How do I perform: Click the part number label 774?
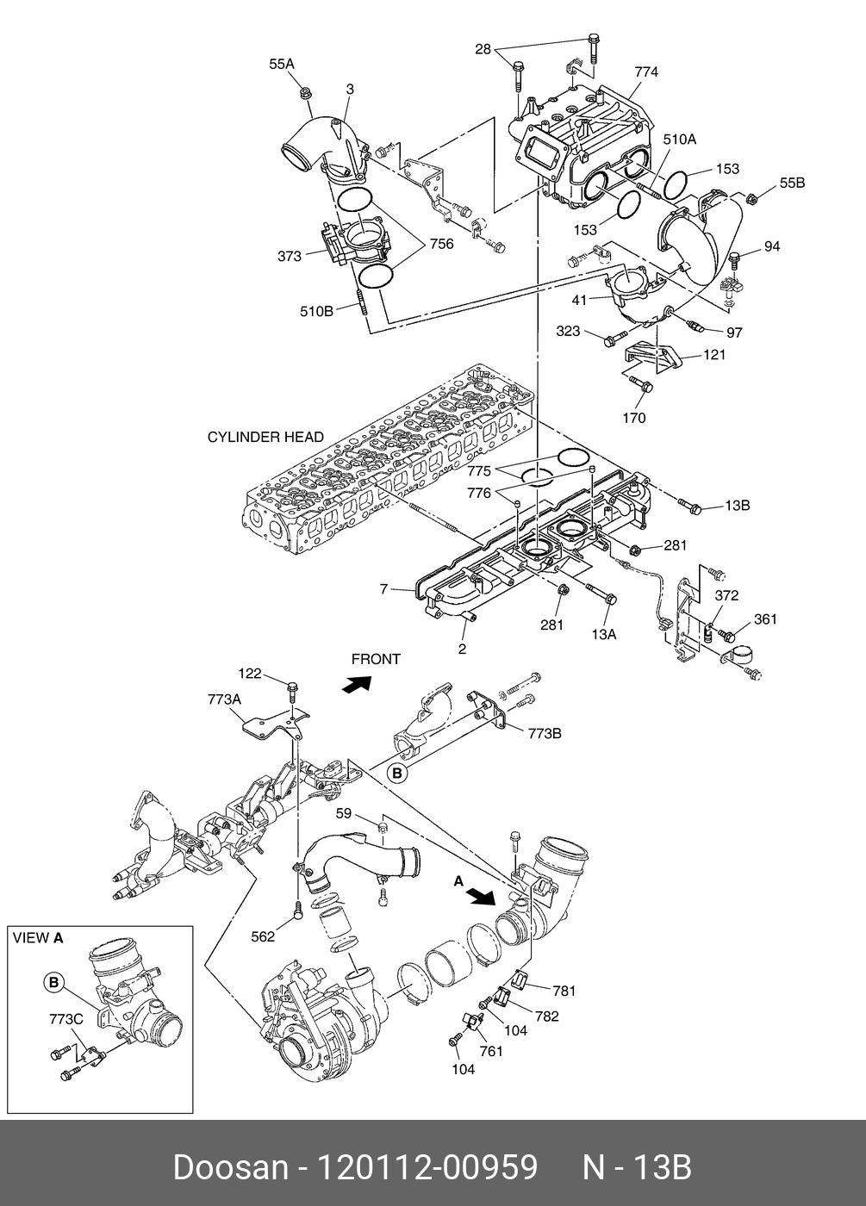(645, 72)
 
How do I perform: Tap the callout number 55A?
(282, 64)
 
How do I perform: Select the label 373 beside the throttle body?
(290, 256)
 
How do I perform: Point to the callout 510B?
(316, 312)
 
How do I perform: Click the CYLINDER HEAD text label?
(265, 437)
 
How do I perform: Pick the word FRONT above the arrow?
(376, 659)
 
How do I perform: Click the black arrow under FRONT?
(357, 685)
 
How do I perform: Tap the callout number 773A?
(224, 700)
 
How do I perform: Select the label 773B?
(545, 733)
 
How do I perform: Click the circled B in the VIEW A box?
(53, 981)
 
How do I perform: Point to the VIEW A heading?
(38, 938)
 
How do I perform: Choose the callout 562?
(264, 937)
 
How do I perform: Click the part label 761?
(490, 1052)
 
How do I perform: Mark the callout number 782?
(546, 1016)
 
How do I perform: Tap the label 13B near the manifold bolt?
(737, 506)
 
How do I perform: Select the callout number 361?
(765, 619)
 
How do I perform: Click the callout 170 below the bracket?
(633, 419)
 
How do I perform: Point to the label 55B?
(792, 183)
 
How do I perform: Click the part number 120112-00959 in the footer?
(428, 1167)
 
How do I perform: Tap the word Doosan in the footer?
(230, 1167)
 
